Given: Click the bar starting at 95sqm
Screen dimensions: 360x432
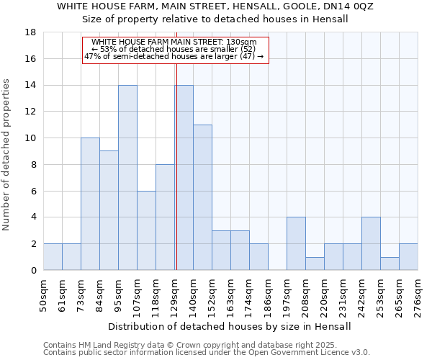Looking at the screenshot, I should coord(127,178).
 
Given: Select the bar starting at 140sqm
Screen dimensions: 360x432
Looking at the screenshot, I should coord(202,197).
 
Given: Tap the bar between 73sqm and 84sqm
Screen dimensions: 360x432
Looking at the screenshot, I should coord(90,204).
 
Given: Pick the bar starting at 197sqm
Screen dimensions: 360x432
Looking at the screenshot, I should coord(296,243).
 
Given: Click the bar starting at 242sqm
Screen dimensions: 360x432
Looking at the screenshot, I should coord(371,243).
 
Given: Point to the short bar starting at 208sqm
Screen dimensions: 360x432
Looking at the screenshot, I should coord(315,264).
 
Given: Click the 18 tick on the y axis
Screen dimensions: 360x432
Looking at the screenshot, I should coord(30,32).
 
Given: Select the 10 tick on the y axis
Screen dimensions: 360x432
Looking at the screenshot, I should coord(30,138).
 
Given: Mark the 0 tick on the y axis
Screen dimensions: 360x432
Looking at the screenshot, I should coord(33,271).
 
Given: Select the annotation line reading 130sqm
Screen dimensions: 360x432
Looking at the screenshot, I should coord(174,42).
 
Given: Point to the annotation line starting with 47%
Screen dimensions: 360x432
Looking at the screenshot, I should coord(174,56).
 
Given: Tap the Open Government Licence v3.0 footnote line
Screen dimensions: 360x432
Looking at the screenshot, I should coord(207,353).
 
